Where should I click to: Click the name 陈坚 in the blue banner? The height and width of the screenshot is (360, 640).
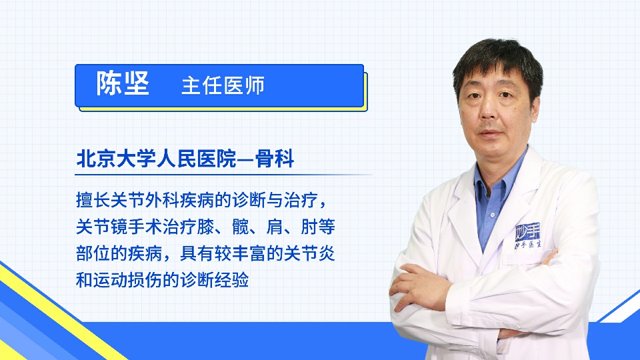coord(123,84)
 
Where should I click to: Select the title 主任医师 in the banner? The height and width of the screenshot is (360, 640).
coord(223,85)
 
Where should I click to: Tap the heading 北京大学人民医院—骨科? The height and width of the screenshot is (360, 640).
coord(185,159)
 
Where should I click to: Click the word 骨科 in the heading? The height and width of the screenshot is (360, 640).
coord(275,159)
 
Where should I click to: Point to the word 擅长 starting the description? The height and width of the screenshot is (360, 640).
coord(93,200)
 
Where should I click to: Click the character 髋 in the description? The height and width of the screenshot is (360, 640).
coord(241,227)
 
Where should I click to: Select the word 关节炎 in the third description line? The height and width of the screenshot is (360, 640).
coord(309,253)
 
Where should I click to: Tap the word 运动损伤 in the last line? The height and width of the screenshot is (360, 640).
coord(128,280)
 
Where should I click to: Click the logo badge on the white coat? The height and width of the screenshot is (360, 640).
coord(528,235)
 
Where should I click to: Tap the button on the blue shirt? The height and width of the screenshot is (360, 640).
coord(493,215)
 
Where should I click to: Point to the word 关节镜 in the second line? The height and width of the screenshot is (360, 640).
coord(102,227)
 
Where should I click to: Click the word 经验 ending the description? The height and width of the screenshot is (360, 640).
coord(232,280)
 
